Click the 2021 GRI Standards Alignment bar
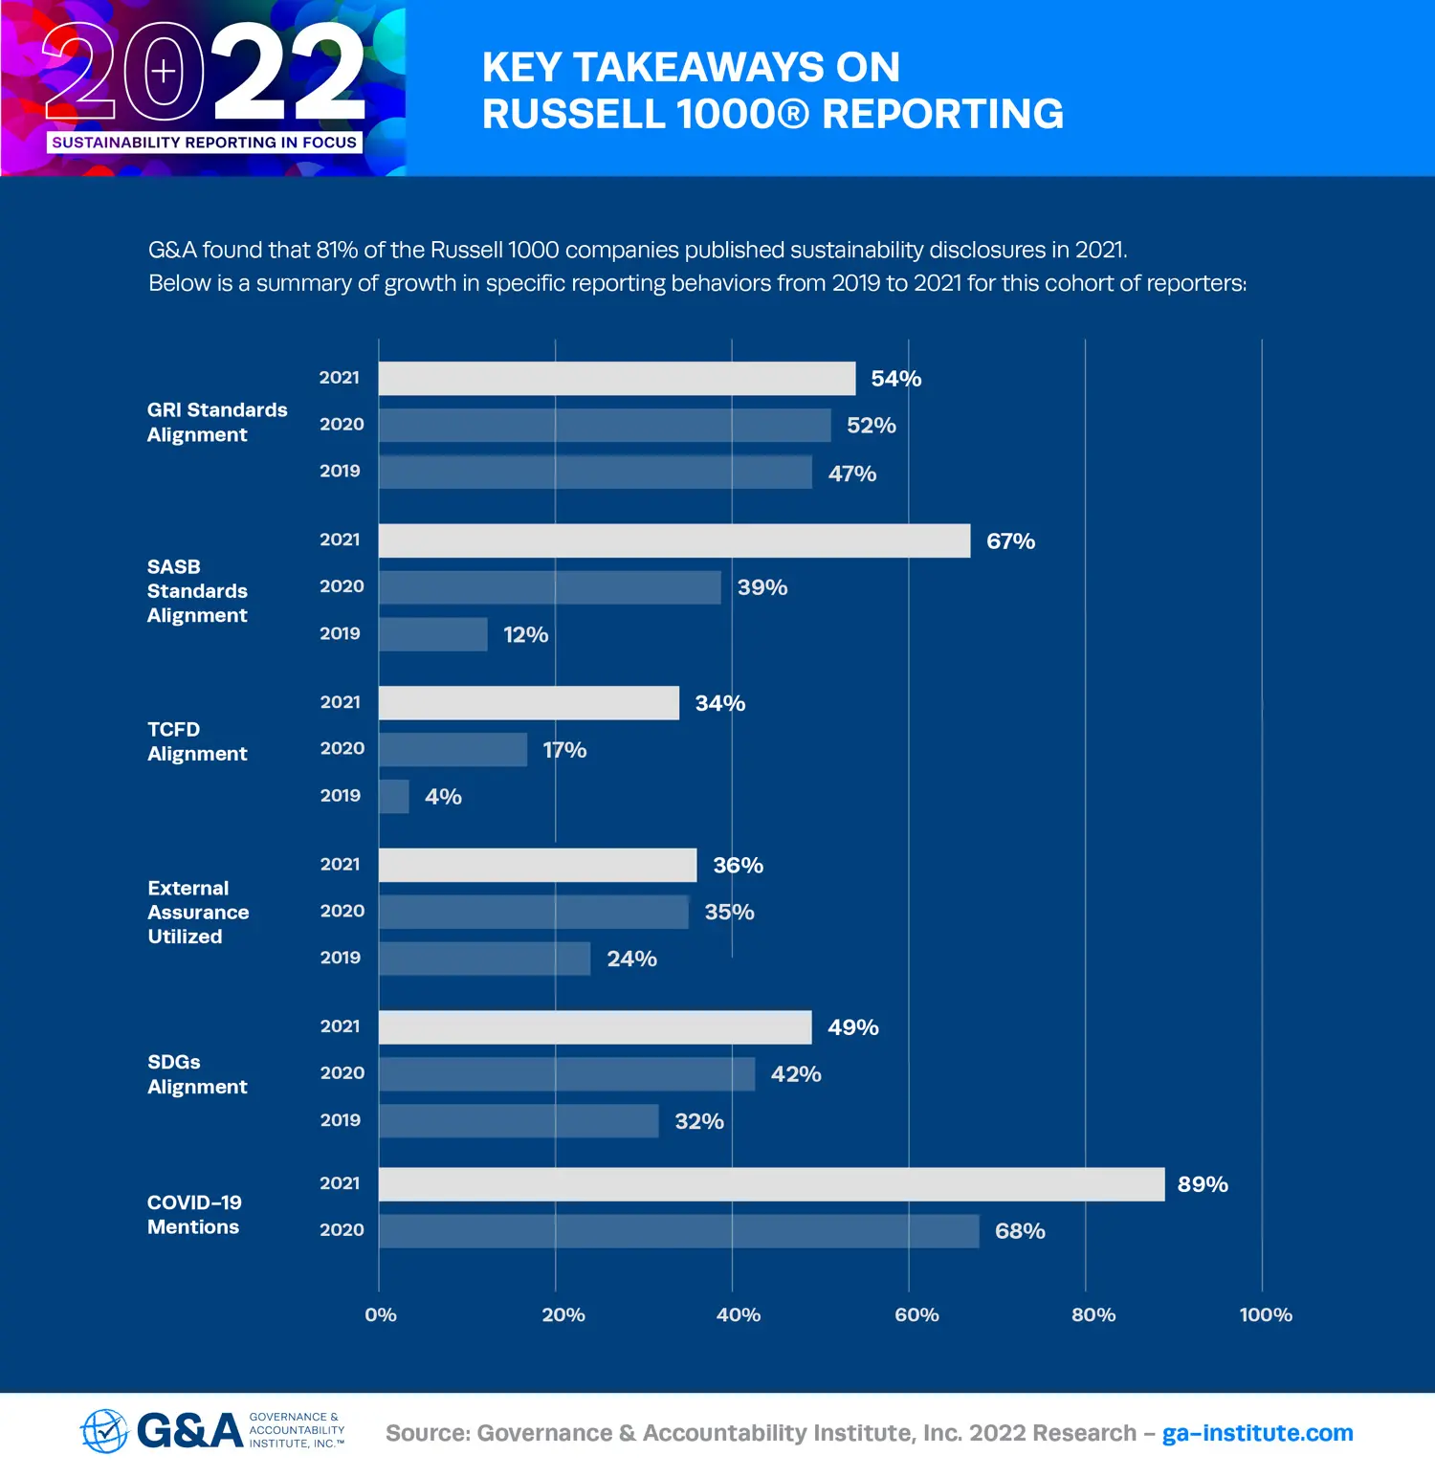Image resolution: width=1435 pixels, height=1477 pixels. pyautogui.click(x=616, y=379)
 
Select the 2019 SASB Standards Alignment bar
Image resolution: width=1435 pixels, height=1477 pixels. pyautogui.click(x=432, y=634)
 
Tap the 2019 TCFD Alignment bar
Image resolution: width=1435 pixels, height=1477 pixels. pyautogui.click(x=393, y=797)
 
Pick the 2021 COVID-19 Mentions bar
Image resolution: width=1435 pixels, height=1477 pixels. pyautogui.click(x=771, y=1184)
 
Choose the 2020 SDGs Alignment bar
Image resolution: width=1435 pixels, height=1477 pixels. pyautogui.click(x=566, y=1074)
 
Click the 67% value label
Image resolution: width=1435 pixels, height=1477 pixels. pyautogui.click(x=1010, y=541)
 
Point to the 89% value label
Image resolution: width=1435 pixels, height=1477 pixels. pyautogui.click(x=1203, y=1184)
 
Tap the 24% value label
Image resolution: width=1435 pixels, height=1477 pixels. pyautogui.click(x=631, y=959)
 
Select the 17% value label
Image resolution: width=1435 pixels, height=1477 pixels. pyautogui.click(x=564, y=750)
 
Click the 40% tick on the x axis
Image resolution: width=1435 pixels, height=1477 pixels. pyautogui.click(x=738, y=1315)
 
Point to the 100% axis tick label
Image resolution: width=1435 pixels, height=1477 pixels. pyautogui.click(x=1265, y=1315)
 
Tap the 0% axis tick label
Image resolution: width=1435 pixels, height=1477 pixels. pyautogui.click(x=380, y=1315)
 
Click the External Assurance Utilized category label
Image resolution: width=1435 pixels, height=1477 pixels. pyautogui.click(x=198, y=913)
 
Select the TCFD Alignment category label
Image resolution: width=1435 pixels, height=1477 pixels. pyautogui.click(x=197, y=741)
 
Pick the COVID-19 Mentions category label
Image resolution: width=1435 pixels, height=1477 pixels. pyautogui.click(x=194, y=1215)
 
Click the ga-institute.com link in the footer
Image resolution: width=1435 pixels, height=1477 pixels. pyautogui.click(x=1257, y=1433)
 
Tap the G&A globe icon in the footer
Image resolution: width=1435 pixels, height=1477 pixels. pyautogui.click(x=104, y=1431)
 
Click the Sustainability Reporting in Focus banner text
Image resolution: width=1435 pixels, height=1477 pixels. pyautogui.click(x=204, y=143)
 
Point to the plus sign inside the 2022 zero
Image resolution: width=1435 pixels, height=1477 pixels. pyautogui.click(x=164, y=71)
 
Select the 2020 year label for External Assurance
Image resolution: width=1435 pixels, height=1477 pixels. pyautogui.click(x=342, y=911)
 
